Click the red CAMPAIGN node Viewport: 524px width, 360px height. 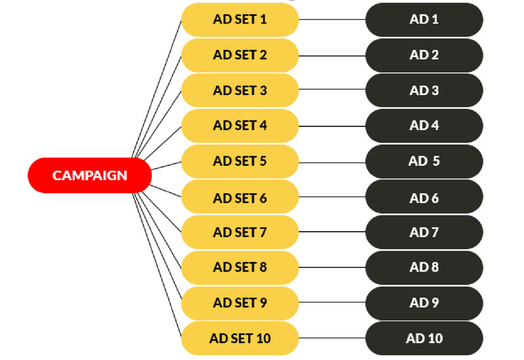click(x=90, y=175)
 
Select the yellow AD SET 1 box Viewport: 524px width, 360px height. click(x=240, y=20)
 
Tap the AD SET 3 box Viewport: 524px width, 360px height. click(x=240, y=90)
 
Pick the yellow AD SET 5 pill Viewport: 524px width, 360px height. click(x=240, y=161)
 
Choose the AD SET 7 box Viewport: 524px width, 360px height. click(x=240, y=232)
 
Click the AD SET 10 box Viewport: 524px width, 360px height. click(x=240, y=338)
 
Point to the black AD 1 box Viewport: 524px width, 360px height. click(x=424, y=20)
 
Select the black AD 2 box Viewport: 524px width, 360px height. click(x=424, y=55)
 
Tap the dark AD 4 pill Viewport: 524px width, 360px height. click(x=424, y=126)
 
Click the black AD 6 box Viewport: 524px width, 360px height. click(x=424, y=197)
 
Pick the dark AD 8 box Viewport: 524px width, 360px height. click(x=424, y=268)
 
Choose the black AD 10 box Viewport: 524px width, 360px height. click(x=424, y=338)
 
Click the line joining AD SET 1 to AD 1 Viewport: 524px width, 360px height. click(x=331, y=20)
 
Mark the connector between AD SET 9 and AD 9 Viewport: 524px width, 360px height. click(x=331, y=303)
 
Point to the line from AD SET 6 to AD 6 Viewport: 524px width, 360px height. click(x=331, y=197)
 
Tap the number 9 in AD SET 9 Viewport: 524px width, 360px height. click(x=263, y=303)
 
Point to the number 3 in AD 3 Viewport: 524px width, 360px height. click(x=435, y=90)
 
